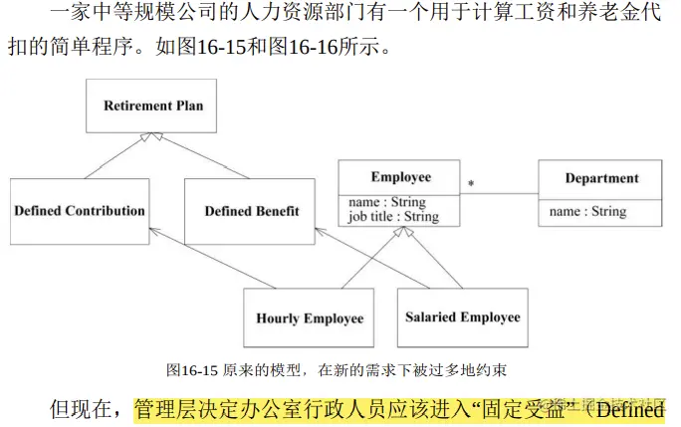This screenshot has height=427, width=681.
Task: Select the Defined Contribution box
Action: click(x=80, y=211)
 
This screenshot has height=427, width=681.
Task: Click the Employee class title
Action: click(x=400, y=177)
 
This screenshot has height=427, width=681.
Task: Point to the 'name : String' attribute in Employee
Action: click(x=386, y=202)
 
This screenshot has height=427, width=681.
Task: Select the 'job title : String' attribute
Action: click(x=393, y=216)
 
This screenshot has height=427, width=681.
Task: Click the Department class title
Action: click(x=601, y=178)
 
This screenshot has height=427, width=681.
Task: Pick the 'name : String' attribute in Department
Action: click(x=587, y=211)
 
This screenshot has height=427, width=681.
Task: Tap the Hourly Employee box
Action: click(x=310, y=319)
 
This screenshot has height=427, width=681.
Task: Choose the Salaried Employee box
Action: click(x=462, y=318)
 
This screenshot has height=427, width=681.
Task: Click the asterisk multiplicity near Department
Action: click(x=470, y=184)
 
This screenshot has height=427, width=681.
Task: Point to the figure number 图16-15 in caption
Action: click(x=192, y=370)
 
